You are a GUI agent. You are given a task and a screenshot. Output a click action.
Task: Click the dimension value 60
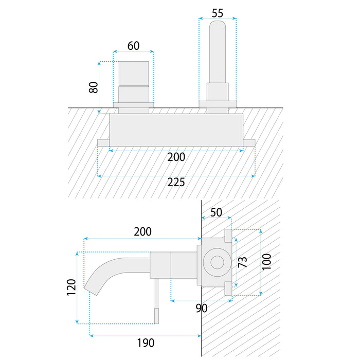coord(133,45)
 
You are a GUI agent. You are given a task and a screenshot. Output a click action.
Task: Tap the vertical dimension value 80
coord(93,86)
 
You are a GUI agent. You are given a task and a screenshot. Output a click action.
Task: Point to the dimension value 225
coord(176,183)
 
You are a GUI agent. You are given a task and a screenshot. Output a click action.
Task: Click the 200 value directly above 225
coord(176,157)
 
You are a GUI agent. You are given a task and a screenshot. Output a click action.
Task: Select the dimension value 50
coord(216,212)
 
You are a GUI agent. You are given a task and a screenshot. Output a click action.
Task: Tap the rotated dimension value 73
coord(243,262)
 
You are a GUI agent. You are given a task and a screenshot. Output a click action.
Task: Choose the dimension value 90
coord(201,308)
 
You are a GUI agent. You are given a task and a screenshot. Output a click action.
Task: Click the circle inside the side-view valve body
coord(216,262)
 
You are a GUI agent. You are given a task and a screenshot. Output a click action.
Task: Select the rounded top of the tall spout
coord(218,26)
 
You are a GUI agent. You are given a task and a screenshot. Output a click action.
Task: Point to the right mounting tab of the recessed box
coord(249,142)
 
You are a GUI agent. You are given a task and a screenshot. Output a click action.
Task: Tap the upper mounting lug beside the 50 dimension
coord(228,237)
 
